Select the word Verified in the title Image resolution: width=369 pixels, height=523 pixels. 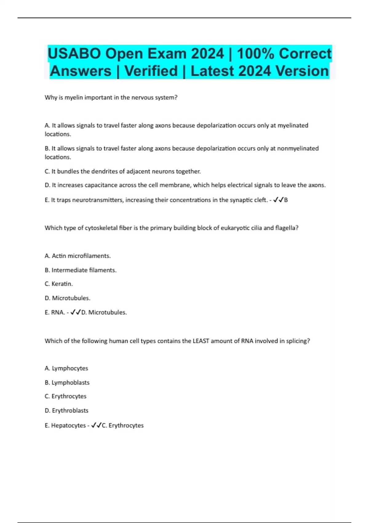click(x=151, y=71)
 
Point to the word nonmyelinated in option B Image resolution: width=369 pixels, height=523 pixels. click(x=298, y=148)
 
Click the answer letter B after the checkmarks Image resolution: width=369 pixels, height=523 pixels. click(x=286, y=200)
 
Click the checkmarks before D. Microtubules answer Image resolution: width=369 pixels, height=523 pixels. click(x=75, y=312)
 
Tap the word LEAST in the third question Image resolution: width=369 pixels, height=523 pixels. click(x=200, y=341)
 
